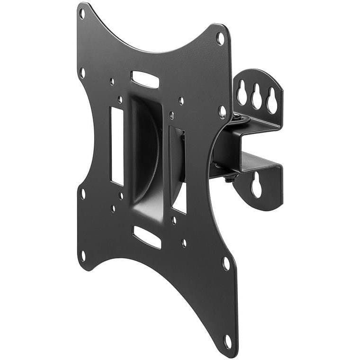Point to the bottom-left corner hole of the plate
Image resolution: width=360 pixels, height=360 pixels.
point(83,256)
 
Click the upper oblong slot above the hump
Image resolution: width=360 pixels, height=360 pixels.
point(145,79)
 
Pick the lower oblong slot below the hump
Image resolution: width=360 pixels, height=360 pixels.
point(147,236)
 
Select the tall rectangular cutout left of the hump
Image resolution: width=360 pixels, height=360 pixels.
point(117,145)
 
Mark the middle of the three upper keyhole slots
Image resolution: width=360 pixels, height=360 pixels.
point(257,99)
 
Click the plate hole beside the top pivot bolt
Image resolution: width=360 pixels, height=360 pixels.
point(222,112)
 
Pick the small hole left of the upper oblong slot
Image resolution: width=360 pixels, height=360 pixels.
point(112,81)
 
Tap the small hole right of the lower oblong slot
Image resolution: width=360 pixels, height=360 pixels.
point(184,243)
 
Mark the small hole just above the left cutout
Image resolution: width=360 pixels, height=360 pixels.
point(120,99)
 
